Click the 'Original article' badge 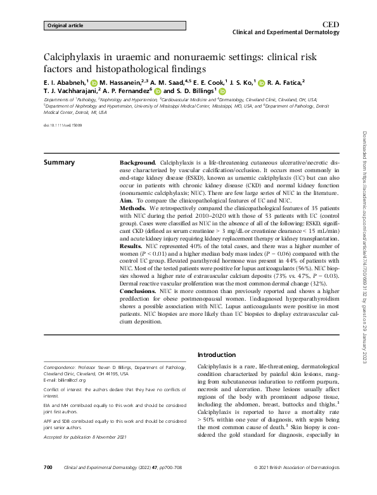click(65, 26)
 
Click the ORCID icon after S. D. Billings click(222, 91)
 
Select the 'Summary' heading click(59, 163)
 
